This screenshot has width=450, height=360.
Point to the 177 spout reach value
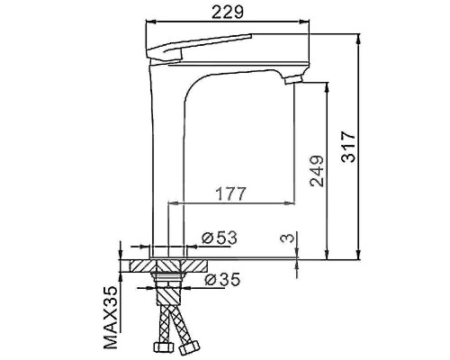(231, 193)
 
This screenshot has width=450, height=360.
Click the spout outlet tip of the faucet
(290, 82)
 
